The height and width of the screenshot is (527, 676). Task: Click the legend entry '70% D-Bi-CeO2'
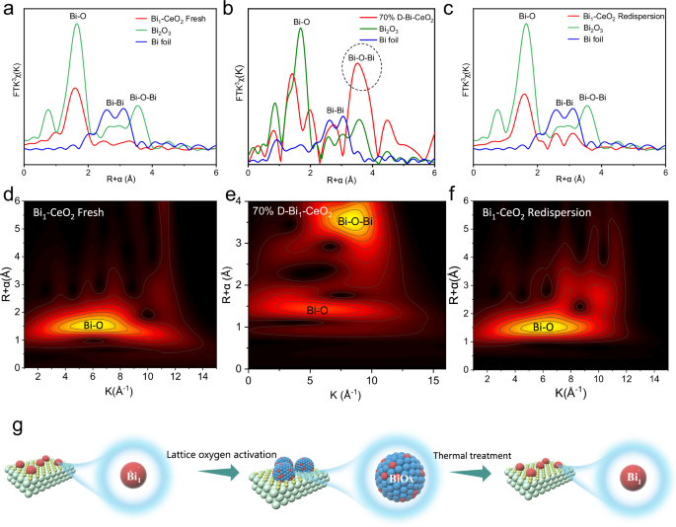400,18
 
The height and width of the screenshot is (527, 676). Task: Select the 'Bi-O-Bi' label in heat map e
354,221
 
